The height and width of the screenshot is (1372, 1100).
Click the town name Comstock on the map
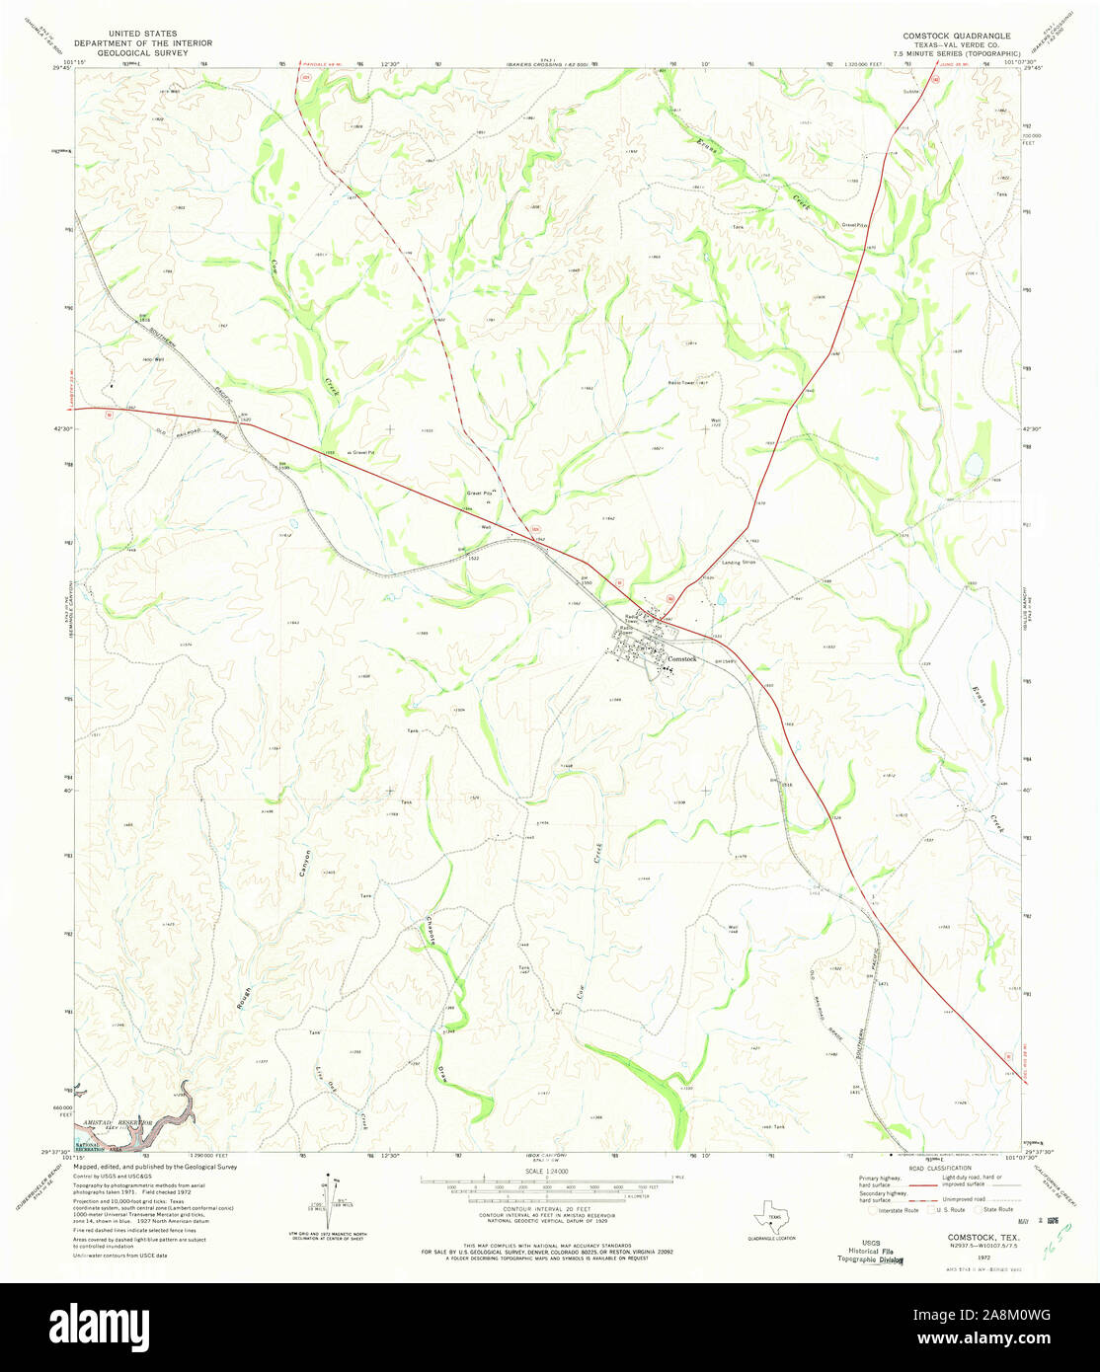[682, 658]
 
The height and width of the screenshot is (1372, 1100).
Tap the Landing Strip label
[738, 562]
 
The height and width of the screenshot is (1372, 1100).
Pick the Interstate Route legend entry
[893, 1209]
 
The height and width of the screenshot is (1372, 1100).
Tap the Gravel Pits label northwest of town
[479, 492]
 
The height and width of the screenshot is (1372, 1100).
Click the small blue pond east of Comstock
[721, 599]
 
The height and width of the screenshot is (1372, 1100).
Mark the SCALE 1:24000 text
[549, 1171]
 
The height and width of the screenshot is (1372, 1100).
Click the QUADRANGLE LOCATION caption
[772, 1238]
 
